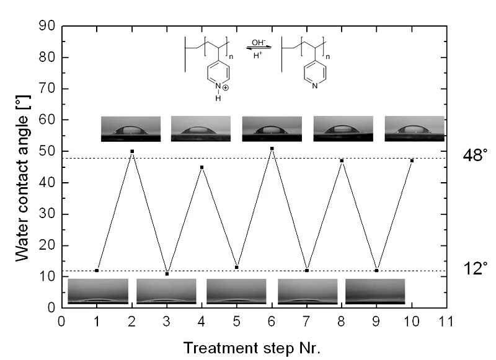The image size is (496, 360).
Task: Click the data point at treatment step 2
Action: point(132,151)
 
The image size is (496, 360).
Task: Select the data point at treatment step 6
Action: point(272,149)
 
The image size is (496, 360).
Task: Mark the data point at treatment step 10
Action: point(412,160)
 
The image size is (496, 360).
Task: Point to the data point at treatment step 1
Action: point(97,271)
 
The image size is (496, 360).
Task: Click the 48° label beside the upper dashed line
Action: point(476,156)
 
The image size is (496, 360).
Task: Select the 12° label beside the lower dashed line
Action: point(476,268)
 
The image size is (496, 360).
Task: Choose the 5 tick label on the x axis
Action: point(237,322)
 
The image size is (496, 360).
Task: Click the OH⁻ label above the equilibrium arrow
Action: point(257,42)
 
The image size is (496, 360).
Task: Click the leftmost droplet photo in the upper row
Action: point(131,129)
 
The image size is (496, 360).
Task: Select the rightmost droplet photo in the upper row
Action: point(414,129)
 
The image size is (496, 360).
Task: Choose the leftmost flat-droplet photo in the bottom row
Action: point(98,291)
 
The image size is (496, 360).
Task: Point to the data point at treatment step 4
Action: point(202,167)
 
